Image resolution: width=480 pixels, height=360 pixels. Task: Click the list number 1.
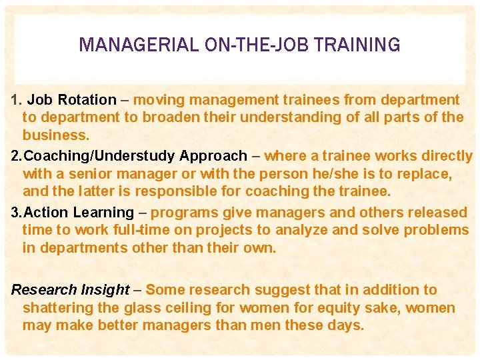click(x=16, y=100)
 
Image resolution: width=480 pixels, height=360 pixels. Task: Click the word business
click(x=55, y=135)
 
